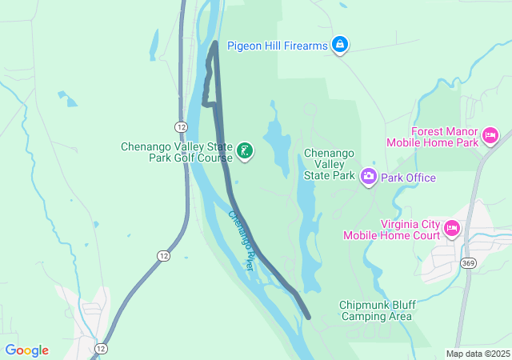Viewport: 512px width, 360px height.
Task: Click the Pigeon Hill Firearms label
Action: coord(277,46)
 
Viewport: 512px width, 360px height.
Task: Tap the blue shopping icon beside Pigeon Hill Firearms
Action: coord(340,44)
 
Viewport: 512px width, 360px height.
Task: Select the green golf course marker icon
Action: coord(245,150)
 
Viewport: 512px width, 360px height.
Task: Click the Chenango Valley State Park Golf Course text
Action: coord(175,152)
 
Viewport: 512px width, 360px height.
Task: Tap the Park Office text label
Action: coord(408,178)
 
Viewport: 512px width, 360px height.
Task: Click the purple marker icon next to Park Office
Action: coord(368,175)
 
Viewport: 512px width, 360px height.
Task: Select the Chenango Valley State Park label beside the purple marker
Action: coord(329,164)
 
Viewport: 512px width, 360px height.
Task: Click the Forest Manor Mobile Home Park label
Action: coord(432,137)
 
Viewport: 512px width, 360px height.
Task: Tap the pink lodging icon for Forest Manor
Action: coord(490,137)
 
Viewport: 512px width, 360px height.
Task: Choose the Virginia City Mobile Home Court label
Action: coord(392,230)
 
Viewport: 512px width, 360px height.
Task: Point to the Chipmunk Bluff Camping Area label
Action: coord(375,310)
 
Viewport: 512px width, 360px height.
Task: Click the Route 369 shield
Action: coord(469,262)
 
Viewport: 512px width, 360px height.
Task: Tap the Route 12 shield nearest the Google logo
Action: coord(101,349)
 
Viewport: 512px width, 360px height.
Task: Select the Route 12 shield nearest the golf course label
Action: coord(182,127)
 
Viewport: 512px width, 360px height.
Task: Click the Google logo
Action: coord(27,350)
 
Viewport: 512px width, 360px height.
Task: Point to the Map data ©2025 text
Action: coord(477,354)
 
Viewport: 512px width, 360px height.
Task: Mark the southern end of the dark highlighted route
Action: coord(308,317)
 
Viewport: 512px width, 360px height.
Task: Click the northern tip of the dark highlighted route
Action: coord(214,43)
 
